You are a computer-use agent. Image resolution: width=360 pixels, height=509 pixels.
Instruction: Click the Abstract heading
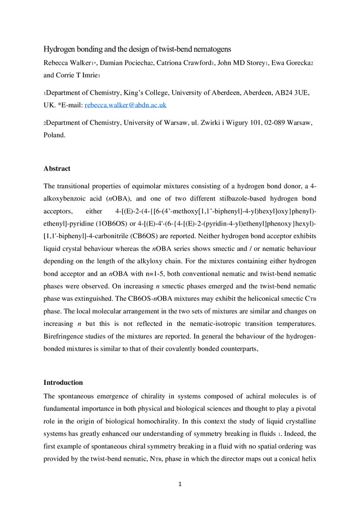click(57, 168)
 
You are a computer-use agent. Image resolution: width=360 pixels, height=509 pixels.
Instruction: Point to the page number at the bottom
click(180, 484)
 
